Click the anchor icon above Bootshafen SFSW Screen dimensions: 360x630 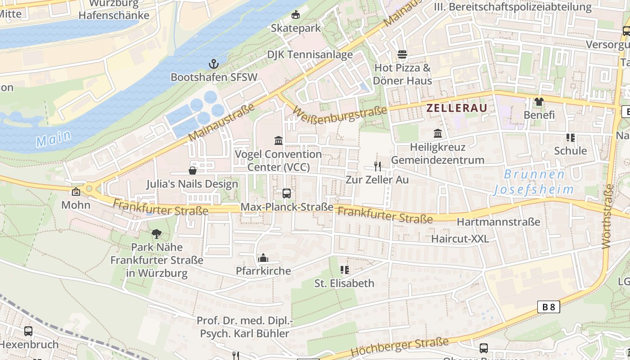(x=214, y=64)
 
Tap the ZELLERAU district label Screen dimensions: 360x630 (x=457, y=108)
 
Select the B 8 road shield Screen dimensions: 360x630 (x=549, y=307)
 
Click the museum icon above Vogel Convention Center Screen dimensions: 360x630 (x=279, y=140)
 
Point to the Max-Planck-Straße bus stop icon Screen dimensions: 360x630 (x=287, y=193)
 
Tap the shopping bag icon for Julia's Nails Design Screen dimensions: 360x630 (x=193, y=171)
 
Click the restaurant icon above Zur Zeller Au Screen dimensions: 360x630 (x=378, y=166)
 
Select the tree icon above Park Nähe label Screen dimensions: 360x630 (x=157, y=234)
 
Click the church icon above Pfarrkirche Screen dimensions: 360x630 (x=263, y=258)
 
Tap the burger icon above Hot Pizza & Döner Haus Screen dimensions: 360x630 (x=402, y=54)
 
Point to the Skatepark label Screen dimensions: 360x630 (x=296, y=28)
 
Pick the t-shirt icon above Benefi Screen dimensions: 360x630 (x=539, y=102)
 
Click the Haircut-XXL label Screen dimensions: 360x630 (x=460, y=238)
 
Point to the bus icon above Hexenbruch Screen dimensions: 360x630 (x=28, y=331)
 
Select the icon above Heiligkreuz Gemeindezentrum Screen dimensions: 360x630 (x=437, y=134)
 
